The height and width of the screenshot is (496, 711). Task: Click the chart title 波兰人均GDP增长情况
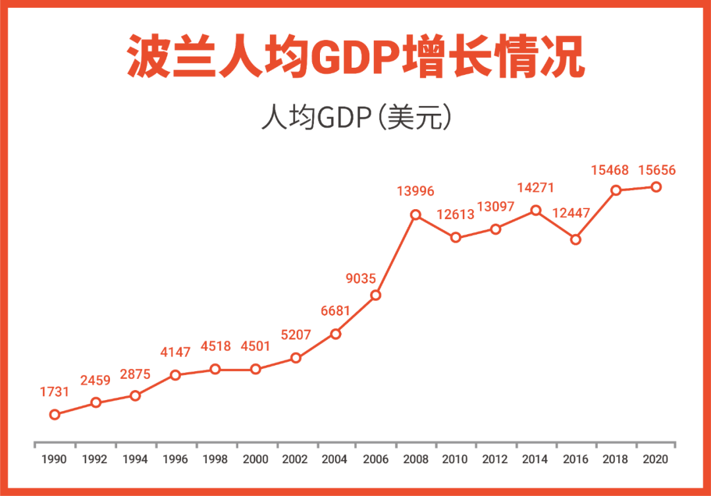[355, 58]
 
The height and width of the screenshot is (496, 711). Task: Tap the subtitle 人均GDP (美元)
[355, 118]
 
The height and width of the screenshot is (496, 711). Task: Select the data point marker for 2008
[415, 214]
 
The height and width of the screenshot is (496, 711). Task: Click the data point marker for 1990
[55, 414]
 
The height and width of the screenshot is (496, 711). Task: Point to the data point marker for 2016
[575, 239]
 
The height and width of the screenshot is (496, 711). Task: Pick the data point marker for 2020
[656, 187]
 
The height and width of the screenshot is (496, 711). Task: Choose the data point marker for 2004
[335, 334]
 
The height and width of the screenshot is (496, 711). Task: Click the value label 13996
[415, 191]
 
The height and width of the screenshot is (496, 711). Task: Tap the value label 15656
[656, 170]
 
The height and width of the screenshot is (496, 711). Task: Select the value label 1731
[55, 392]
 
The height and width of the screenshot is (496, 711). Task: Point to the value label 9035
[361, 279]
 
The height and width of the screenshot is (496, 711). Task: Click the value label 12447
[571, 213]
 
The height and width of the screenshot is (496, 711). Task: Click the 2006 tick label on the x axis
[375, 459]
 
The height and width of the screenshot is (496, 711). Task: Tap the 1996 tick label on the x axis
[175, 459]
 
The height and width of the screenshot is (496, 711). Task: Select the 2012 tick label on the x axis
[495, 459]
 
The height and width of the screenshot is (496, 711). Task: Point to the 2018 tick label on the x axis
[616, 459]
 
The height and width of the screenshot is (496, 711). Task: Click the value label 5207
[296, 335]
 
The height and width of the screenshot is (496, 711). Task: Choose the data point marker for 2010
[456, 237]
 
